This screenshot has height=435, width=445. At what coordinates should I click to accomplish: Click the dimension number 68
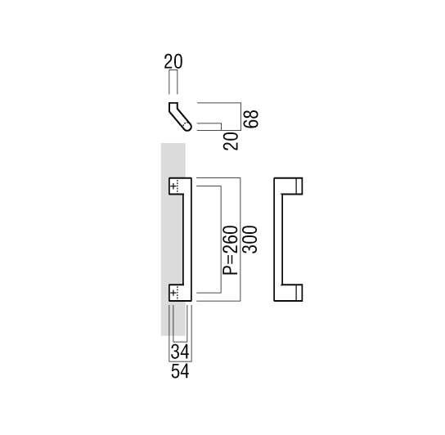pyautogui.click(x=251, y=119)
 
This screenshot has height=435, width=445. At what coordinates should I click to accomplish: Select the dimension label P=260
pyautogui.click(x=230, y=250)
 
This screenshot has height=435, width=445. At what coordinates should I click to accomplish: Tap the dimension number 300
pyautogui.click(x=250, y=240)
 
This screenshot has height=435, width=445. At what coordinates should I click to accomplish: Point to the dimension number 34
pyautogui.click(x=180, y=352)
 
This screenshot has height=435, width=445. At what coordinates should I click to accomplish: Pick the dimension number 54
pyautogui.click(x=180, y=371)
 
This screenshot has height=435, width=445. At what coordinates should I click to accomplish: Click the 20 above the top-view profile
pyautogui.click(x=173, y=61)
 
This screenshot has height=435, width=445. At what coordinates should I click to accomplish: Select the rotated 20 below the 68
pyautogui.click(x=231, y=141)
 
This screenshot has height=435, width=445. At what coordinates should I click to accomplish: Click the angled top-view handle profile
pyautogui.click(x=180, y=116)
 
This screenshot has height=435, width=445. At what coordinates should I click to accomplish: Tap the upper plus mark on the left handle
pyautogui.click(x=173, y=186)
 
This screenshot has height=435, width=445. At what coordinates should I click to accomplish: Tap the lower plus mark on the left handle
pyautogui.click(x=173, y=292)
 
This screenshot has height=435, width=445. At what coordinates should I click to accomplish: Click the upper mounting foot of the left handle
pyautogui.click(x=176, y=186)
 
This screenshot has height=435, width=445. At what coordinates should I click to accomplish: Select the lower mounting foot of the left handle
pyautogui.click(x=176, y=293)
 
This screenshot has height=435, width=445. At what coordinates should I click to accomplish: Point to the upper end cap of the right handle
pyautogui.click(x=299, y=186)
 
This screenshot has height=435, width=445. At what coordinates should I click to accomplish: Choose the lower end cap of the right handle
pyautogui.click(x=299, y=293)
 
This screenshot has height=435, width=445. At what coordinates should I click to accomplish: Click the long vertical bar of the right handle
pyautogui.click(x=278, y=240)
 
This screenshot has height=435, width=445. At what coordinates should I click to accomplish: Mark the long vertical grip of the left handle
pyautogui.click(x=187, y=240)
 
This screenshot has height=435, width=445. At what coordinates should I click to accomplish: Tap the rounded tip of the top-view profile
pyautogui.click(x=187, y=127)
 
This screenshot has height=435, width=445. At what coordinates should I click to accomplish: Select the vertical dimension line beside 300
pyautogui.click(x=240, y=240)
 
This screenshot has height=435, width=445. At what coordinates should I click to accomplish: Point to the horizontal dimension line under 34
pyautogui.click(x=180, y=342)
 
